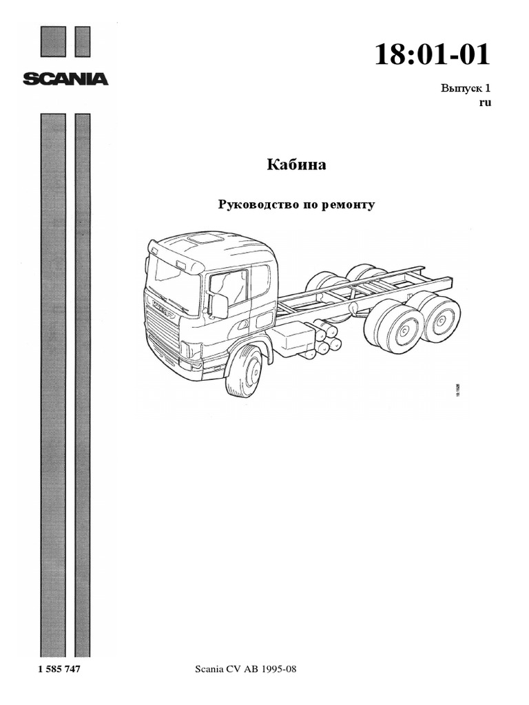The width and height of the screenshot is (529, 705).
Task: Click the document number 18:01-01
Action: pyautogui.click(x=433, y=54)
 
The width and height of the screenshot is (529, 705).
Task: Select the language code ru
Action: pyautogui.click(x=484, y=103)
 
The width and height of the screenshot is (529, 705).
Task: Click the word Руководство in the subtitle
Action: pyautogui.click(x=252, y=204)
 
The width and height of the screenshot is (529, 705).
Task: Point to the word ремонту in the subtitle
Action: pyautogui.click(x=348, y=204)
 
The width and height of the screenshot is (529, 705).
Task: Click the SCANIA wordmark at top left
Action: pyautogui.click(x=65, y=79)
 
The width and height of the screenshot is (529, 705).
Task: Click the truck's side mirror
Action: pyautogui.click(x=219, y=306)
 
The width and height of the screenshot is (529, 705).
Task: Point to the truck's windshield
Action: pyautogui.click(x=172, y=282)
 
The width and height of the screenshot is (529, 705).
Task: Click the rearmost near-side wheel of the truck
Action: pyautogui.click(x=441, y=319)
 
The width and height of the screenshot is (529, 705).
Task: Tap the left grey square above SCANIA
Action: pyautogui.click(x=53, y=41)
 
